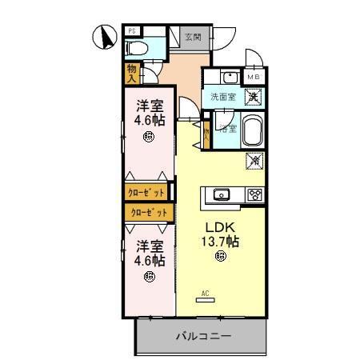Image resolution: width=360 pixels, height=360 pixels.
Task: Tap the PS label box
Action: coord(133,31)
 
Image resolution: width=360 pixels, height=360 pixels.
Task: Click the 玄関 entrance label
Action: coord(192,36)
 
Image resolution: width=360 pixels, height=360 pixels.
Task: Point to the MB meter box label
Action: coord(254,78)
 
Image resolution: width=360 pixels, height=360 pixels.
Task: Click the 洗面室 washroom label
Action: coord(223,97)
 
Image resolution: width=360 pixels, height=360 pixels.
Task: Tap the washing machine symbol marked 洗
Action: coord(253,96)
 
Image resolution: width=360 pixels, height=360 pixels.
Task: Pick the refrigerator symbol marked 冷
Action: coord(254,160)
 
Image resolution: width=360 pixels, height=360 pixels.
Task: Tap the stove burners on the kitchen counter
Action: coord(255,194)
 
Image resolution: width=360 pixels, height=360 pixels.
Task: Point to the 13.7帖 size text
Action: coord(220,240)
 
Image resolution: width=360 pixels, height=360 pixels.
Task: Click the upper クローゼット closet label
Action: coord(146,193)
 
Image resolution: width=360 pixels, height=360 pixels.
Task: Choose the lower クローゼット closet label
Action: coord(150,212)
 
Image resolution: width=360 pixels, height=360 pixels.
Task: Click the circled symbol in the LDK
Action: coord(220,256)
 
